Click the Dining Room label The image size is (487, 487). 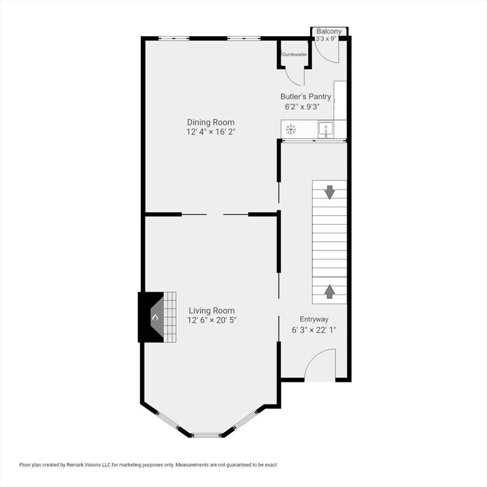(211, 122)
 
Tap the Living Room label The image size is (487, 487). (212, 311)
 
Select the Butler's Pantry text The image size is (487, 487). (306, 96)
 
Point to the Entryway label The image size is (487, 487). (314, 320)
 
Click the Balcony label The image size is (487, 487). (329, 31)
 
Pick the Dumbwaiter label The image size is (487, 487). (295, 55)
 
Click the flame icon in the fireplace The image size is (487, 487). (155, 318)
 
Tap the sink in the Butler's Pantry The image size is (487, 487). (325, 129)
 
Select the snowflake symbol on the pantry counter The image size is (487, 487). (290, 129)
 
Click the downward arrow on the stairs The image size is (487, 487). (330, 192)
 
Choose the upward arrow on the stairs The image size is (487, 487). (330, 292)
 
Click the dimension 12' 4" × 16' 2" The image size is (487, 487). (211, 132)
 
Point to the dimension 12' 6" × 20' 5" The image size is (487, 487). (212, 320)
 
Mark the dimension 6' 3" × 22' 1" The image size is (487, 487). (314, 330)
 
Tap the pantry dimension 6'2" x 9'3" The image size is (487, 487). (302, 107)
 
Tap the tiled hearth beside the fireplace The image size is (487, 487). (170, 317)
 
